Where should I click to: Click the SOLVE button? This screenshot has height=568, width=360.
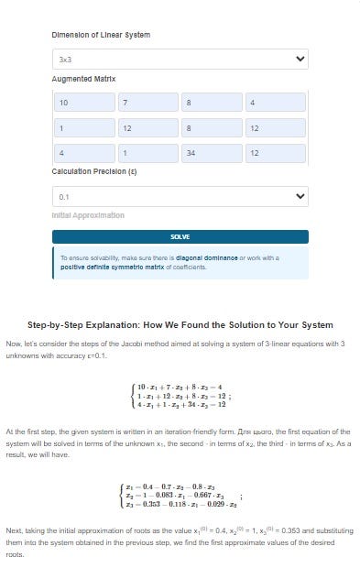(x=180, y=236)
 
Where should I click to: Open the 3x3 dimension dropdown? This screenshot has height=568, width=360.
(x=174, y=59)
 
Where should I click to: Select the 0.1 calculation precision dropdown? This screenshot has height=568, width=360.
(x=174, y=195)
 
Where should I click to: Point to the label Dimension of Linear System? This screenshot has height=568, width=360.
(x=101, y=35)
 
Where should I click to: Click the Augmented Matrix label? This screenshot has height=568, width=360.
(x=83, y=80)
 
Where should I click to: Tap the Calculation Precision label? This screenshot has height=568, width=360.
(x=95, y=171)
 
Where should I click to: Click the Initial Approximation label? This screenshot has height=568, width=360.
(x=88, y=215)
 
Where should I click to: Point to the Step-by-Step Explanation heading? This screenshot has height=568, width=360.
(x=180, y=325)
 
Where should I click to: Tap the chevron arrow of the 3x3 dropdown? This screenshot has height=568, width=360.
(x=298, y=59)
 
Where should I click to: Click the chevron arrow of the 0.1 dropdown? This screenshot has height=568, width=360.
(x=298, y=195)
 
